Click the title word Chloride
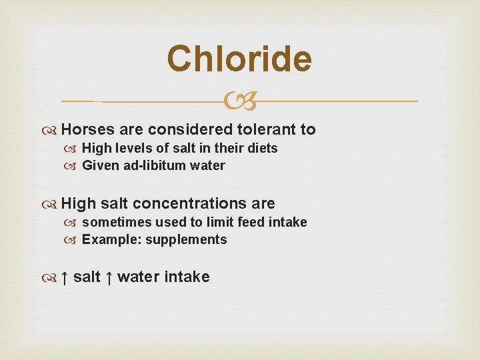point(239,59)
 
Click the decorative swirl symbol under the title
point(240,102)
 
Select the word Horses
point(86,129)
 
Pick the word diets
point(261,148)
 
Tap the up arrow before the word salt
point(64,277)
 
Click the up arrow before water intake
point(108,277)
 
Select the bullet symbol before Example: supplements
point(73,240)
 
